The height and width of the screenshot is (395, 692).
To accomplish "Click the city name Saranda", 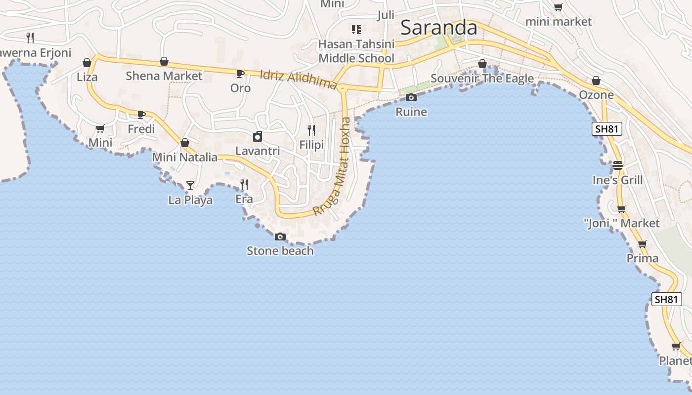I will coord(438,28).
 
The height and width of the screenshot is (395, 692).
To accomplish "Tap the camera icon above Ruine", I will coord(411,97).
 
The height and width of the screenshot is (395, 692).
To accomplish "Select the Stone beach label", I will coord(280,251).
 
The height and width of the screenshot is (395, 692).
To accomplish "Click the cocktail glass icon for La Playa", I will coord(190,186).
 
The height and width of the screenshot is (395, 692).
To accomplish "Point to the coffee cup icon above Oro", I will coord(240,74).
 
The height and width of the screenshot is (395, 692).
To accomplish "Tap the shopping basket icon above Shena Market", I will coord(164,62).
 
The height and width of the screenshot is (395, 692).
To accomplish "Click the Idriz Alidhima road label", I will coord(299,79).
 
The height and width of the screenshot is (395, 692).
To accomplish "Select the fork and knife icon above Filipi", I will coord(311,130).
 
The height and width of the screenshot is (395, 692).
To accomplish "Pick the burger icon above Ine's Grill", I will coord(618,165).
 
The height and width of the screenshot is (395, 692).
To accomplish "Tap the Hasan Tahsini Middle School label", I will coord(356,51).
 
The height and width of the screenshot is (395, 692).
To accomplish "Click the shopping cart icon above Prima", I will coord(642,244).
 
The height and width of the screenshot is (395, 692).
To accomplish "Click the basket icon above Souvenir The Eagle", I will coord(482,64).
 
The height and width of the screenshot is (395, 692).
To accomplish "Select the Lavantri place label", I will coord(258,151).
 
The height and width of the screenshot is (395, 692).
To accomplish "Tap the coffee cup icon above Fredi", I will coord(141,115).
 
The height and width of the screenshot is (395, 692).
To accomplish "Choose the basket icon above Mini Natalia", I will coord(185,143).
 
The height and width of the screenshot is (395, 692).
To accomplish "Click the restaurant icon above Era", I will coord(244,185).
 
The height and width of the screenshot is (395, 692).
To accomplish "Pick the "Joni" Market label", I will coord(622,224).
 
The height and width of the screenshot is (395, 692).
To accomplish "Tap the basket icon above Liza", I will coord(87,63).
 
